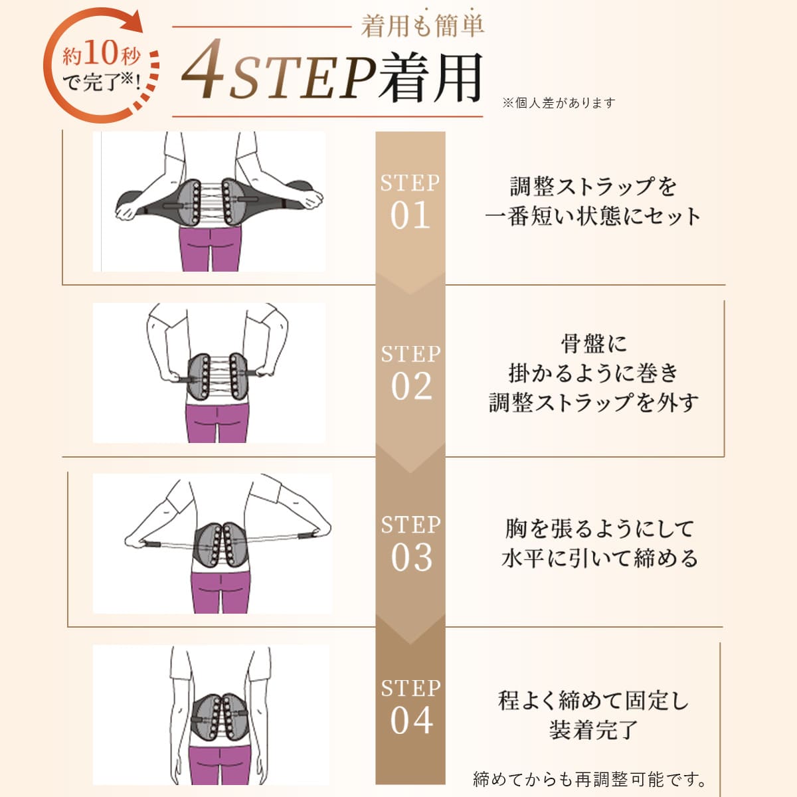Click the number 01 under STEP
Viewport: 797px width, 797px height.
click(410, 216)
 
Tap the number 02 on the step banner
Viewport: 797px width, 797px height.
click(411, 387)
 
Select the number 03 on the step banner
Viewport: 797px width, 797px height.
click(411, 557)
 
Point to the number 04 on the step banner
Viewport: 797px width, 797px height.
click(411, 721)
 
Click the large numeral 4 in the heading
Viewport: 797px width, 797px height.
click(203, 70)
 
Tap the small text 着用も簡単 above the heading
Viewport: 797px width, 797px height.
click(422, 25)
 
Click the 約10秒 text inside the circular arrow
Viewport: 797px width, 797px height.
click(101, 53)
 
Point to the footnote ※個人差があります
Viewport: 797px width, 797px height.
click(559, 103)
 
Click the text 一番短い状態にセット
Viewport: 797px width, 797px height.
click(592, 217)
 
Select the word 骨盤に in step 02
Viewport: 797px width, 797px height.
click(593, 343)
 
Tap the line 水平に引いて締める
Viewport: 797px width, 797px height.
click(600, 558)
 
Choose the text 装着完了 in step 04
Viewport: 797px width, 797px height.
click(593, 729)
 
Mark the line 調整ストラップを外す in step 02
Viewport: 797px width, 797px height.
click(593, 402)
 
